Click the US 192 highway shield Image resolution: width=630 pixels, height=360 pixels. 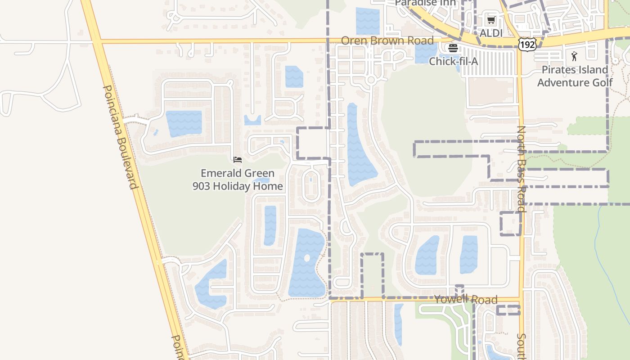(527, 44)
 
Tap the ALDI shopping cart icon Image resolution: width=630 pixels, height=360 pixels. (491, 20)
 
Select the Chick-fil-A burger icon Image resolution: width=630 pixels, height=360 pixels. (453, 48)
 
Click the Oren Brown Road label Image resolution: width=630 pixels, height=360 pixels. (387, 40)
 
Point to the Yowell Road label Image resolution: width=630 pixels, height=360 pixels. (466, 300)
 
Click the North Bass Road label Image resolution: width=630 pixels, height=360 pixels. (521, 169)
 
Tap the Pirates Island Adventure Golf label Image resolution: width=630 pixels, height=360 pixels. (575, 76)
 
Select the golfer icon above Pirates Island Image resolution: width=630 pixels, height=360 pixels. (574, 56)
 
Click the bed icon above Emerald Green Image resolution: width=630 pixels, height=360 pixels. (238, 159)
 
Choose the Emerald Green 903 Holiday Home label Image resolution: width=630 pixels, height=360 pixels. (238, 180)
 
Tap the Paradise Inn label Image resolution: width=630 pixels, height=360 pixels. (425, 3)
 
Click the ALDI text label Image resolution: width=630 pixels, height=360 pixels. (491, 33)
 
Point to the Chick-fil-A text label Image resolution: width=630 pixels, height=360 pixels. (453, 61)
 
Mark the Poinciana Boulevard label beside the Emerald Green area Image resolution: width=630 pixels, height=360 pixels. (120, 137)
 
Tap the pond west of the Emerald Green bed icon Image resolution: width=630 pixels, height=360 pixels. (184, 123)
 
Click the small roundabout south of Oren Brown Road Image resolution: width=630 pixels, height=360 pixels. (371, 80)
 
